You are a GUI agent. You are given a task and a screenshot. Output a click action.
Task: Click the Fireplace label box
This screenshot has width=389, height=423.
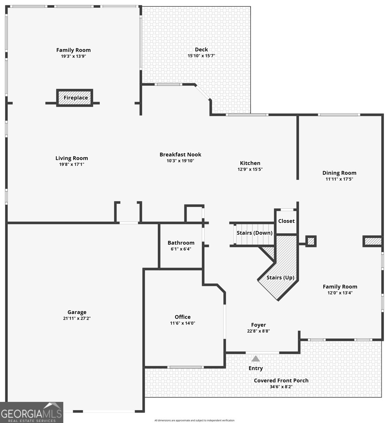tap(75, 98)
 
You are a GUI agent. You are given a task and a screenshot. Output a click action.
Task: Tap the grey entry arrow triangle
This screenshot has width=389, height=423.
tap(256, 359)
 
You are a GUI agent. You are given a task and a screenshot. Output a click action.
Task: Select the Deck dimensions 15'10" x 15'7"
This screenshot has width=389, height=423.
tap(201, 56)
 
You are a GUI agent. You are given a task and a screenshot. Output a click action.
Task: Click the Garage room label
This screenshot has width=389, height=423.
tap(77, 312)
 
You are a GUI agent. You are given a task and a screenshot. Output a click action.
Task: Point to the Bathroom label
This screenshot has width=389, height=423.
tap(181, 243)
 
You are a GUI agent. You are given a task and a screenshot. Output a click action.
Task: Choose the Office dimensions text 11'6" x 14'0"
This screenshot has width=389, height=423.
tap(183, 323)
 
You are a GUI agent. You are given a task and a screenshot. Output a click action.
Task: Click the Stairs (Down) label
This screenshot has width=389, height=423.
tap(255, 233)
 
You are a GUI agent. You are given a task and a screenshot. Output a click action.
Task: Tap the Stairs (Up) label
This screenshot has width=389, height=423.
tap(280, 277)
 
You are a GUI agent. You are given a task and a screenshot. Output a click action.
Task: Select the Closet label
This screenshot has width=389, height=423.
tap(286, 221)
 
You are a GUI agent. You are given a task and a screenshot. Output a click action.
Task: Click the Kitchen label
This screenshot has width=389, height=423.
tap(250, 163)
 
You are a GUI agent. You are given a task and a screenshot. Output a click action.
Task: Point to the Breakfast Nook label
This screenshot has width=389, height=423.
tap(180, 154)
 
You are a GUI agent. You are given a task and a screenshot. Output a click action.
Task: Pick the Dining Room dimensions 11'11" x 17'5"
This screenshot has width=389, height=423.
tap(339, 179)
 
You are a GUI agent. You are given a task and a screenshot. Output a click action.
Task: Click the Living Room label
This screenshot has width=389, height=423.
tap(71, 158)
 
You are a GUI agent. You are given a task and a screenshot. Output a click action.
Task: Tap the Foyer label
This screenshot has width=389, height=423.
tap(258, 325)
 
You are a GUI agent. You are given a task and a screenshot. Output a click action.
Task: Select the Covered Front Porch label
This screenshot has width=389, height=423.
tap(281, 381)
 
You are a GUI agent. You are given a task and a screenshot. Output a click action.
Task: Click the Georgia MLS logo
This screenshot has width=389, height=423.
tap(32, 412)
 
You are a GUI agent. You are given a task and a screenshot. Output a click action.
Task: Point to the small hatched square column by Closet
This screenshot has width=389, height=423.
tap(311, 241)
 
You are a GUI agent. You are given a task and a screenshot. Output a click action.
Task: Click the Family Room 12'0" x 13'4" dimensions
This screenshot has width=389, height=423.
tap(340, 293)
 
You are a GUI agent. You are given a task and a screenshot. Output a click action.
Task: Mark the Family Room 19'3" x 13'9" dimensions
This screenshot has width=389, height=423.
tap(74, 56)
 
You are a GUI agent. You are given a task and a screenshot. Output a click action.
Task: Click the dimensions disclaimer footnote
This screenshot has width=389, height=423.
tap(194, 420)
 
